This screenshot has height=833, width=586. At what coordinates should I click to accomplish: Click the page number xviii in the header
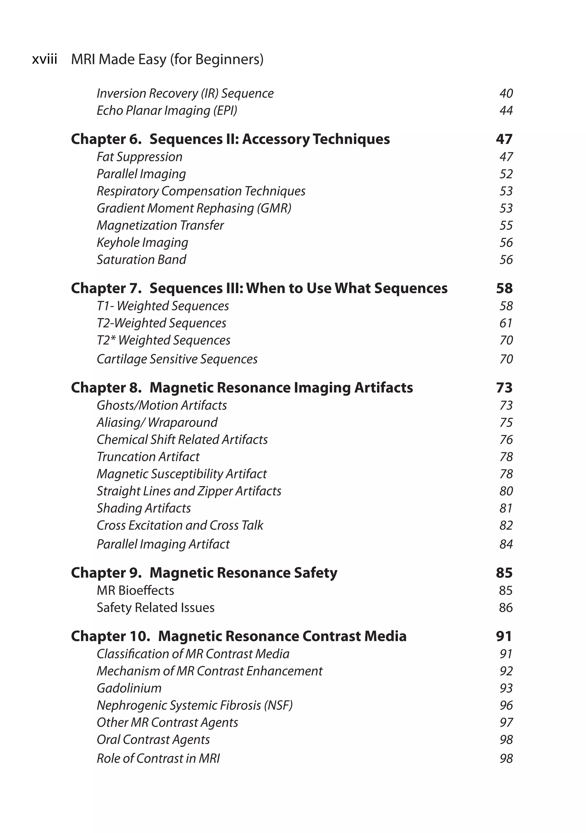click(45, 59)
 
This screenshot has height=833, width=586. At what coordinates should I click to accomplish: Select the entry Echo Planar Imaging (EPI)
click(167, 111)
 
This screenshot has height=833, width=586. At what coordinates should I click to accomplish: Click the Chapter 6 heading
click(230, 139)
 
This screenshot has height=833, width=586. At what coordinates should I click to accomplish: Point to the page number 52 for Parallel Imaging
click(506, 174)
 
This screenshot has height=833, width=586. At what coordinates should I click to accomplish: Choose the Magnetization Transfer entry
click(160, 226)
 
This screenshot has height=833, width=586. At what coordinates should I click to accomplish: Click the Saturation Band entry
click(141, 260)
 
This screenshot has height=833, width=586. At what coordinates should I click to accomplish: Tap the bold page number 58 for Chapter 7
click(504, 289)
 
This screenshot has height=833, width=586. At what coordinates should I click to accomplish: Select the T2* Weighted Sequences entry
click(163, 340)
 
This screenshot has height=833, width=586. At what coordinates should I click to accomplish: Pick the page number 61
click(506, 323)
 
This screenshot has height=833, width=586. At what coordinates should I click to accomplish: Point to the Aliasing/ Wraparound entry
click(157, 423)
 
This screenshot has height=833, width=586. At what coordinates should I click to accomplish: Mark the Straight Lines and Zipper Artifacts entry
click(189, 491)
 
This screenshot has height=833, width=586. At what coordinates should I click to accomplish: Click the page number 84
click(506, 544)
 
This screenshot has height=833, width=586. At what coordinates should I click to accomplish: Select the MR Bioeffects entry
click(135, 591)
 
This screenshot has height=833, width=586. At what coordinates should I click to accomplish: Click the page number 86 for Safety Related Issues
click(506, 608)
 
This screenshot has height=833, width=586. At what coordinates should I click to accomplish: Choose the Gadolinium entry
click(129, 688)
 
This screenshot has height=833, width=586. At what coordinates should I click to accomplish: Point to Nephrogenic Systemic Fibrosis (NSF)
click(194, 705)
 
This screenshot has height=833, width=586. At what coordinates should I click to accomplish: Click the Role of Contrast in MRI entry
click(158, 759)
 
